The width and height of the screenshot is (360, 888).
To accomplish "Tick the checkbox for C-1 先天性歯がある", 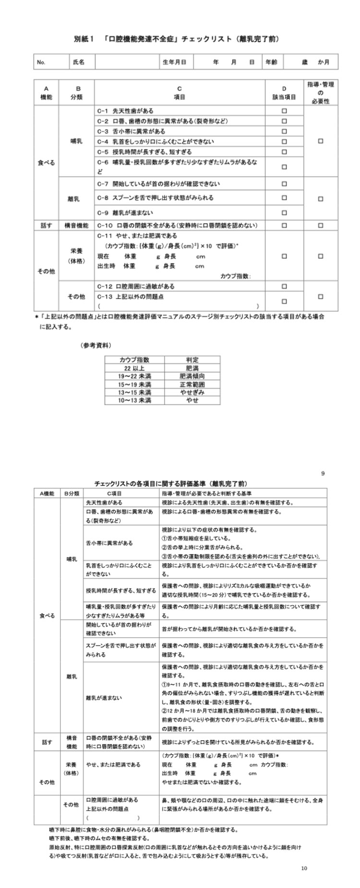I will pyautogui.click(x=284, y=111).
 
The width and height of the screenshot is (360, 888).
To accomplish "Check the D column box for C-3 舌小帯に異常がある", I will pyautogui.click(x=284, y=131).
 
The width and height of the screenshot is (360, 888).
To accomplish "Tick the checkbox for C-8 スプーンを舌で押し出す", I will pyautogui.click(x=284, y=198).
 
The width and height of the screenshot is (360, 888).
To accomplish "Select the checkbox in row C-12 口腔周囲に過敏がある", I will pyautogui.click(x=284, y=287).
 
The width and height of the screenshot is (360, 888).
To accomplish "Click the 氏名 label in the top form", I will pyautogui.click(x=79, y=62).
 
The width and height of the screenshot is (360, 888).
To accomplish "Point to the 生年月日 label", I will pyautogui.click(x=175, y=62).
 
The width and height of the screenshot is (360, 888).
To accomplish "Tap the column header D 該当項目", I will pyautogui.click(x=284, y=93).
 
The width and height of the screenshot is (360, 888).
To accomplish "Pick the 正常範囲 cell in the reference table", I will pyautogui.click(x=192, y=384).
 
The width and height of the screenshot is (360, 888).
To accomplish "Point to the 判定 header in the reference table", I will pyautogui.click(x=192, y=360).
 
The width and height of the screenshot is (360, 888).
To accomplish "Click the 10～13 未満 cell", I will pyautogui.click(x=134, y=400).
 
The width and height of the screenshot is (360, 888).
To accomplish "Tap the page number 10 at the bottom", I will pyautogui.click(x=304, y=881).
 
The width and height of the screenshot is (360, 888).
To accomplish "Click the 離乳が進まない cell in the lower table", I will pyautogui.click(x=104, y=697).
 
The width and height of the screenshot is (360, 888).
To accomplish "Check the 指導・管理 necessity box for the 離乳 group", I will pyautogui.click(x=321, y=198).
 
